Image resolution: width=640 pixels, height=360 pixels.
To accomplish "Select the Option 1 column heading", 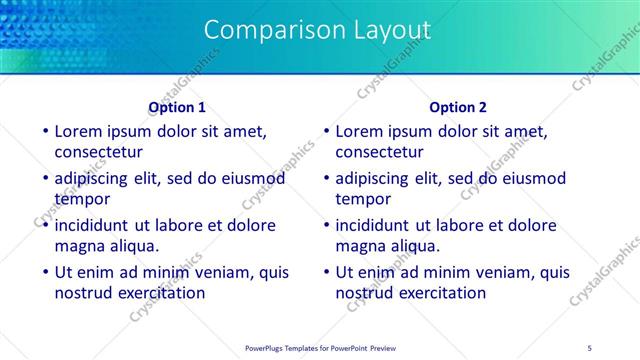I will (177, 107).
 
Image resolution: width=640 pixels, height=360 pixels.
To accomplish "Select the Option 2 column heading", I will (458, 107).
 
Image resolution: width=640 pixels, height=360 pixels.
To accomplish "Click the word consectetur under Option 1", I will (98, 153).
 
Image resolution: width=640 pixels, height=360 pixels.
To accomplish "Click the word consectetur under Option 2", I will (379, 153).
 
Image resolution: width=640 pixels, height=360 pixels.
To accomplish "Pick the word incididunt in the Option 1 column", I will (94, 225).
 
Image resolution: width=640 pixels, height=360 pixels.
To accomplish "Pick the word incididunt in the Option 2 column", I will (375, 225).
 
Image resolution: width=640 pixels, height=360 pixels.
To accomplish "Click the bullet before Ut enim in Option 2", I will (325, 272).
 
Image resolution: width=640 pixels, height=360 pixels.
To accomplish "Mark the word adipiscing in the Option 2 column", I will (372, 179).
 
